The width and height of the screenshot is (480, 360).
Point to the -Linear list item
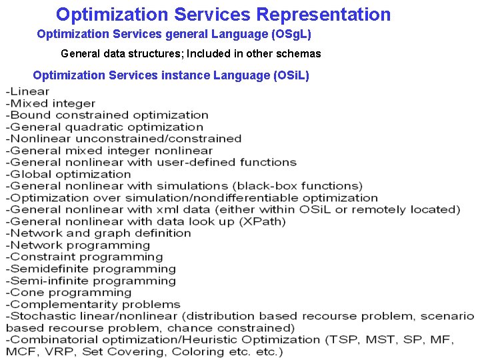pyautogui.click(x=27, y=91)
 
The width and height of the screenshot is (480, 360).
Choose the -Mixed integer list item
pyautogui.click(x=50, y=103)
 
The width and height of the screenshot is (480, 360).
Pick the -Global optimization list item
pyautogui.click(x=68, y=174)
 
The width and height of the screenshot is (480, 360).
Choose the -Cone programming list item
pyautogui.click(x=69, y=292)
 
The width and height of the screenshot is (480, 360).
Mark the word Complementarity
pyautogui.click(x=60, y=304)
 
